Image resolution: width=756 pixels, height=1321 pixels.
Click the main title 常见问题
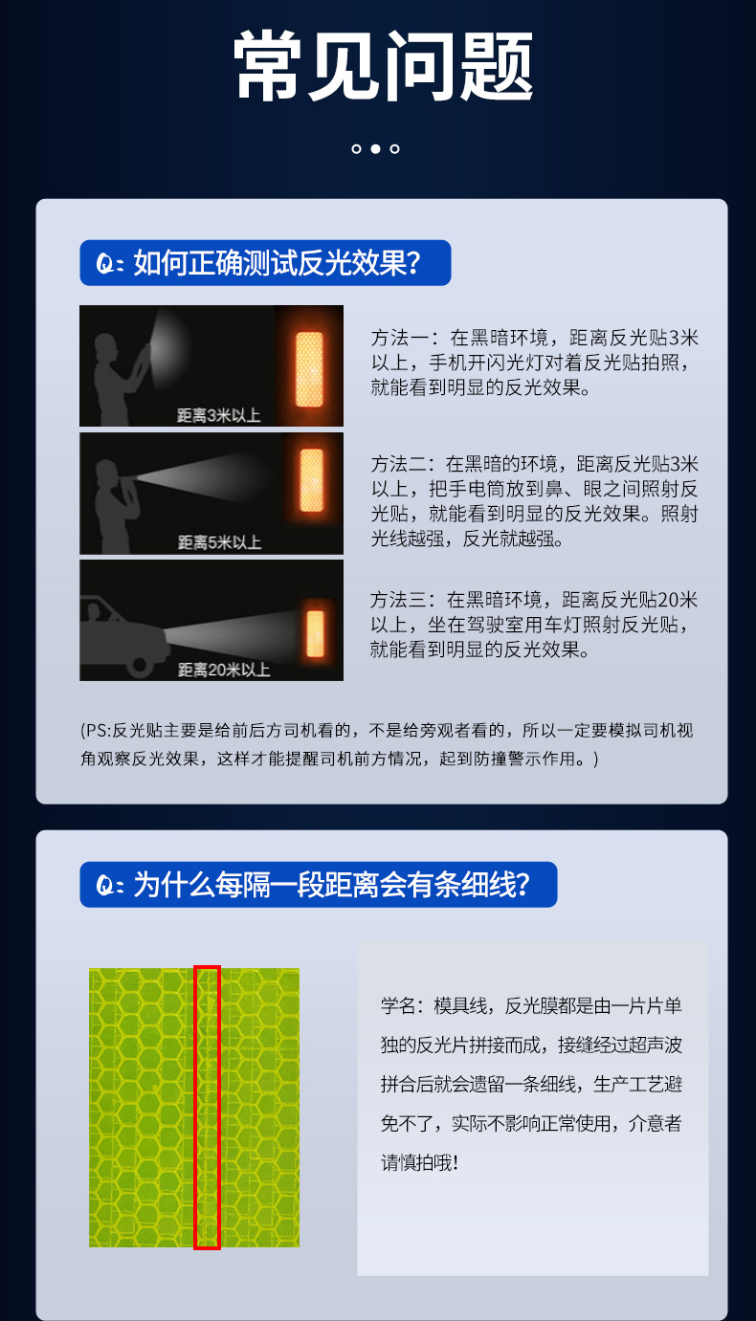coord(384,65)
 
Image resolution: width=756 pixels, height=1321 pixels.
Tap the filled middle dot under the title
coord(375,148)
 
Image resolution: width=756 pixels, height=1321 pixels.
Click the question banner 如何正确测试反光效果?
coord(265,262)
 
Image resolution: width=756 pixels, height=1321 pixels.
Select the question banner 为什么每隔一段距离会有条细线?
coord(318,885)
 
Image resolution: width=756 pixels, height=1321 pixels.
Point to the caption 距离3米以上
coord(219,415)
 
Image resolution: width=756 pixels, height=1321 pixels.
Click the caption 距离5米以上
coord(219,542)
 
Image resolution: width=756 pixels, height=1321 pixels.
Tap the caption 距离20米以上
coord(224,670)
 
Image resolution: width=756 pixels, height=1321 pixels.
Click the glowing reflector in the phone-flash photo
coord(309,369)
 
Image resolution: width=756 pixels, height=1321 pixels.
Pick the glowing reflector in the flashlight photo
coord(312,480)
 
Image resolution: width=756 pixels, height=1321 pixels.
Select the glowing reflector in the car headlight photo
coord(316,633)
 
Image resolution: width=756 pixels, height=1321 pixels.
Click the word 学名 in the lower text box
coord(398,1006)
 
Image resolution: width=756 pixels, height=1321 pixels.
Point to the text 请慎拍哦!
coord(419,1163)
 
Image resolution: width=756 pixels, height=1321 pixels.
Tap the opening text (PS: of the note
coord(96,731)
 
